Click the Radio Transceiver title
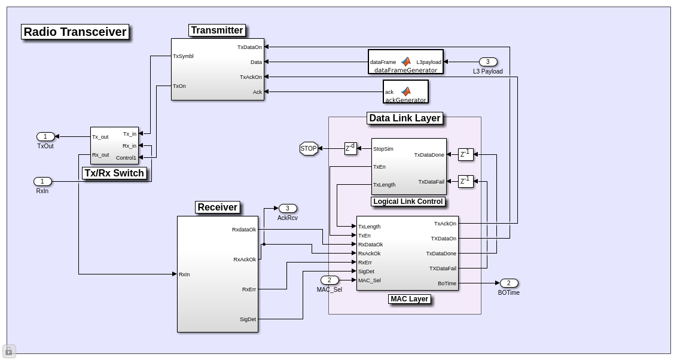[75, 32]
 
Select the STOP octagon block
[309, 148]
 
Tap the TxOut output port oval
[45, 136]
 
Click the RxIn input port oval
[42, 181]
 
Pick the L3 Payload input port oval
[488, 62]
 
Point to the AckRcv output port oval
[288, 208]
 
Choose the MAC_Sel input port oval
[330, 280]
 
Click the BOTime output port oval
[509, 283]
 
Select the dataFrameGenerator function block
[405, 62]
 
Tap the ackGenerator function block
[405, 91]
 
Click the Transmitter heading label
[217, 30]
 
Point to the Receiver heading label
[218, 208]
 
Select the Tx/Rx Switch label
[114, 173]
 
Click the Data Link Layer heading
[405, 118]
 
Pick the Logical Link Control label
[408, 202]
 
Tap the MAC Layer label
[410, 299]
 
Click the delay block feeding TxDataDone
[465, 154]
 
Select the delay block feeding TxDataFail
[465, 181]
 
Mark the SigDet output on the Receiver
[248, 319]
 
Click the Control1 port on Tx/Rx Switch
[126, 158]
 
